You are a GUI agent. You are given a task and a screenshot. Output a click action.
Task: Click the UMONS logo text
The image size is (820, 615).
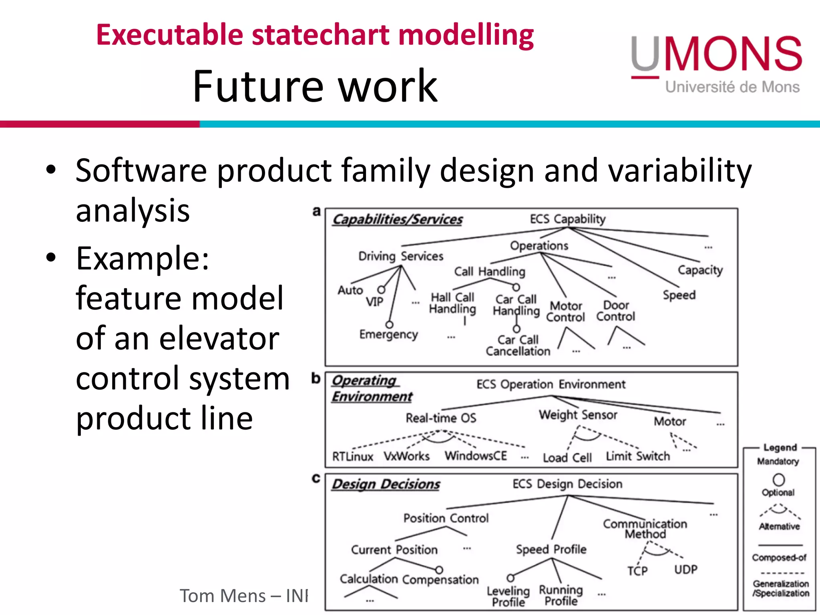(x=717, y=54)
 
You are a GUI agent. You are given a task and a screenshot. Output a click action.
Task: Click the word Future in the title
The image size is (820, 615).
(x=258, y=86)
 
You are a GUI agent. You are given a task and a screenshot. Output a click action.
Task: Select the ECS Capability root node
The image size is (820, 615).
(x=567, y=219)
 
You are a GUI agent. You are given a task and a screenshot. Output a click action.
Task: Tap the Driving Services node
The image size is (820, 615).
(x=400, y=256)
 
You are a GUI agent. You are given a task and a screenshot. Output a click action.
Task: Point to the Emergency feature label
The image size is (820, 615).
(x=388, y=334)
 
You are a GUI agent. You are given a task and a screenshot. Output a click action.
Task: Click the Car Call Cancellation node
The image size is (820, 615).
(x=518, y=346)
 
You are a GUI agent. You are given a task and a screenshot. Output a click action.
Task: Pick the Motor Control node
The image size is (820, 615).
(x=565, y=312)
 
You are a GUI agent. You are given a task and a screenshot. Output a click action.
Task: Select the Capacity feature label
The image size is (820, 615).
(x=700, y=270)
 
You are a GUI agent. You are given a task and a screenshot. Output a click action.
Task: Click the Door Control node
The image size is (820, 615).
(x=615, y=311)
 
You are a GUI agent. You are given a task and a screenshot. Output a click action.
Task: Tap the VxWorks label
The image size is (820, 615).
(x=406, y=456)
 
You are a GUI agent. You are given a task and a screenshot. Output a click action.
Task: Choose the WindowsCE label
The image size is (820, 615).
(x=476, y=456)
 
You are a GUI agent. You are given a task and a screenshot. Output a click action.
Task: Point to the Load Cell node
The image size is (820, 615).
(x=567, y=457)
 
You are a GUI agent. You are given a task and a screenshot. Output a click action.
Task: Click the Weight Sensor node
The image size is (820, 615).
(x=578, y=414)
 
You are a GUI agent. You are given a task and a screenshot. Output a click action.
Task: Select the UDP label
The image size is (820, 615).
(x=685, y=569)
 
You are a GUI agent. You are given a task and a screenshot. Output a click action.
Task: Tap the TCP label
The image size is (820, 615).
(x=637, y=570)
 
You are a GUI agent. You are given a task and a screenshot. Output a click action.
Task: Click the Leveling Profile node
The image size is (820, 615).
(x=508, y=596)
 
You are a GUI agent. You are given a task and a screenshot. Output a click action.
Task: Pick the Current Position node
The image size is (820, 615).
(x=394, y=549)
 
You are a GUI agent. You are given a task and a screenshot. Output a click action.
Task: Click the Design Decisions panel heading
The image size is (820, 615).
(x=386, y=484)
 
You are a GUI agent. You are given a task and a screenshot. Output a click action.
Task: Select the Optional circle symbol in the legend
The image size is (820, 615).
(x=778, y=479)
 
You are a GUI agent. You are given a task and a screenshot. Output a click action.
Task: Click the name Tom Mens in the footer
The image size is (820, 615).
(x=222, y=596)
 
